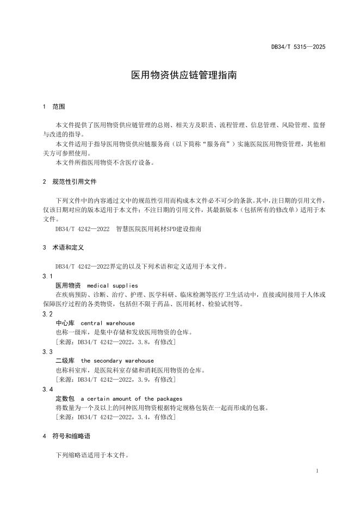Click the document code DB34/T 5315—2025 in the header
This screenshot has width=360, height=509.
[298, 47]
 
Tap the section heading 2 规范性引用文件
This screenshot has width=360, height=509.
[70, 181]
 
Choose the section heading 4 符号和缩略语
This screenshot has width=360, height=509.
[66, 436]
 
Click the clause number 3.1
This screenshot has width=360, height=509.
[47, 276]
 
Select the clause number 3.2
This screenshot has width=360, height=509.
[47, 314]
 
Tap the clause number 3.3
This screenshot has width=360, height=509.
[47, 351]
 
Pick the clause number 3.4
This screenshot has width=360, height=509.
[47, 389]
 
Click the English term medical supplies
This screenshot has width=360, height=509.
[112, 285]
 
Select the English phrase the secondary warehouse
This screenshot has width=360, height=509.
[117, 361]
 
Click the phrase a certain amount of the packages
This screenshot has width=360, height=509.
[131, 399]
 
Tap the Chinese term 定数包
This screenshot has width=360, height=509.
[65, 399]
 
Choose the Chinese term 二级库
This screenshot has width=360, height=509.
[65, 361]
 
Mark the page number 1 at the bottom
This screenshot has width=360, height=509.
[317, 470]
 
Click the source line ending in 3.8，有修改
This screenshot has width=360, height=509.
[115, 342]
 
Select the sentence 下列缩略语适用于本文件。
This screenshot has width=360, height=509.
[92, 455]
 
